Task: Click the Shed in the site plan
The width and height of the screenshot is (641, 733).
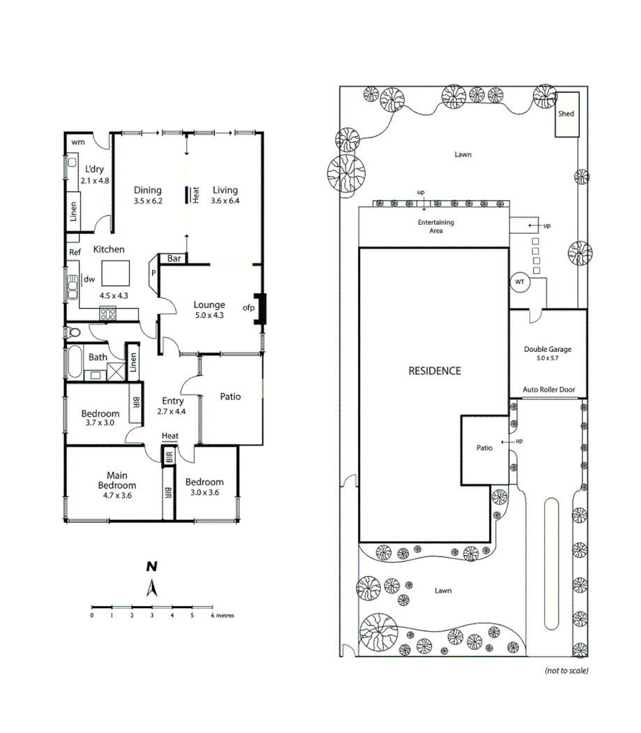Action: (566, 121)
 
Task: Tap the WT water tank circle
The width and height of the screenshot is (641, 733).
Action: (519, 281)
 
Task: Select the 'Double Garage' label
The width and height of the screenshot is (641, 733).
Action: (548, 350)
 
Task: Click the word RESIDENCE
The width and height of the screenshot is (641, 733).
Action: (435, 371)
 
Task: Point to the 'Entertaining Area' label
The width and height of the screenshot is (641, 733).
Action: (436, 226)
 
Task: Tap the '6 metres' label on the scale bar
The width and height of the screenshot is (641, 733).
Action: (223, 616)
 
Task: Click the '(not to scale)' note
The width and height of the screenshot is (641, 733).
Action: (566, 670)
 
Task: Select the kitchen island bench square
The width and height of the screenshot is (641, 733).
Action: (116, 270)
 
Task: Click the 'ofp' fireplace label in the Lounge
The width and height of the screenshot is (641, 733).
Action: (248, 307)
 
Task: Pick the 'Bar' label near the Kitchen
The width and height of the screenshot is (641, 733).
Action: (174, 259)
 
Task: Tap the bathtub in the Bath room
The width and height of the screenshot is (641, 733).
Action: (74, 362)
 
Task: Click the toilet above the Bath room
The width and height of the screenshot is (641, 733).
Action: (74, 332)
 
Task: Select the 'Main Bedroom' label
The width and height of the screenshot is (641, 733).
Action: (116, 480)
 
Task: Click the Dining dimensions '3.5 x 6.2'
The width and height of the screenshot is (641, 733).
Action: (148, 200)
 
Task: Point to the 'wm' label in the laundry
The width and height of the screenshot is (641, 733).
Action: (78, 142)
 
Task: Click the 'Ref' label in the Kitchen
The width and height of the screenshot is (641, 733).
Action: (75, 253)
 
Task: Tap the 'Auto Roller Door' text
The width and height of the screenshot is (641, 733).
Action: (548, 390)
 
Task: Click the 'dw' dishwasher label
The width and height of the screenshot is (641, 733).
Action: (89, 280)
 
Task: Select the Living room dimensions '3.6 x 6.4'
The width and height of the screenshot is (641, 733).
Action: (225, 200)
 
